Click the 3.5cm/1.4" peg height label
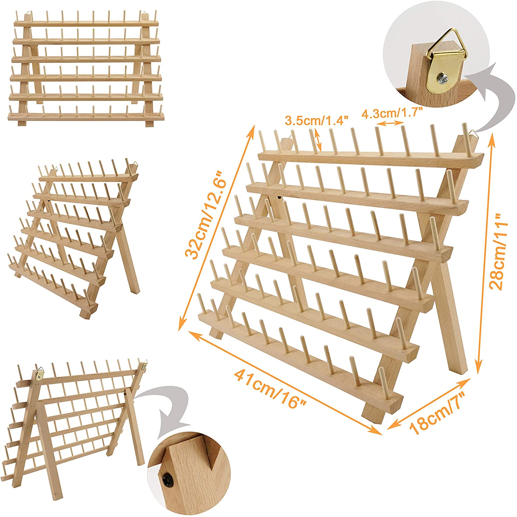[317, 121]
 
